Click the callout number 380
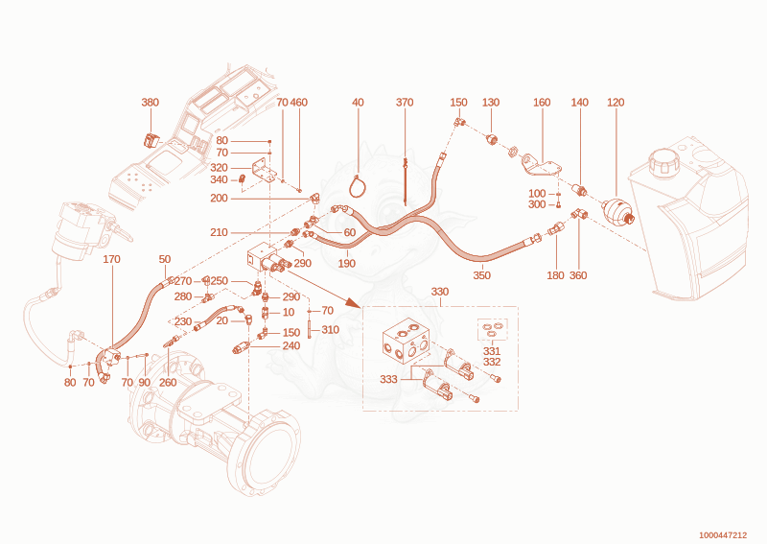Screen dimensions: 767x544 pos(151,103)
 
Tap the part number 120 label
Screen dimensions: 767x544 pos(616,103)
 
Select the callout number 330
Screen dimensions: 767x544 pos(440,292)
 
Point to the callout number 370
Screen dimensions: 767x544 pos(405,103)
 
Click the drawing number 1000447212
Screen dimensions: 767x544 pos(723,535)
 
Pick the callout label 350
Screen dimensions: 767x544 pos(482,275)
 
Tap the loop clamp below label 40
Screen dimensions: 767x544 pos(359,186)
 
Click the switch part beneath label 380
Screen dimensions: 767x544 pos(151,140)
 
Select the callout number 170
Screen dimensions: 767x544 pos(111,259)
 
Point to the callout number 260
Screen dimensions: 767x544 pos(168,383)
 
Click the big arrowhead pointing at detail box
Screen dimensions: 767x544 pos(352,301)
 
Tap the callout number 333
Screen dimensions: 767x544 pos(388,380)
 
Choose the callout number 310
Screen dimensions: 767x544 pos(330,330)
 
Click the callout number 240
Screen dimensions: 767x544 pos(291,345)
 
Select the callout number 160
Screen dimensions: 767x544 pos(542,103)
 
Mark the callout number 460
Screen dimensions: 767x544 pos(299,103)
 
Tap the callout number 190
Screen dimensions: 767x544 pos(347,264)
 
